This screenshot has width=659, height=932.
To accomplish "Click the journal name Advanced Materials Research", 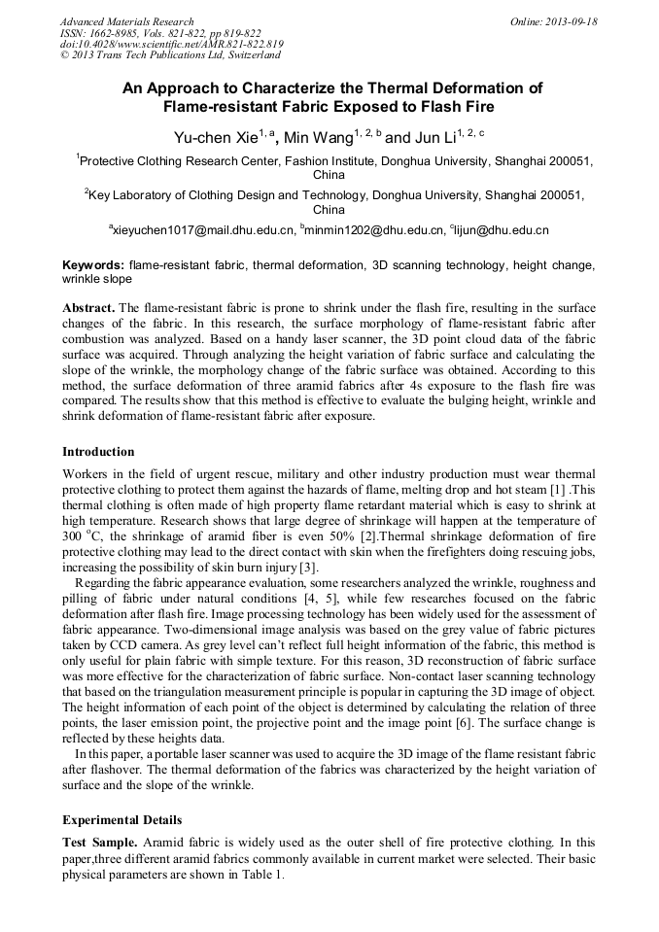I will [127, 21].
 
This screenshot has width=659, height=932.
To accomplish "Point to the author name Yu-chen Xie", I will [214, 137].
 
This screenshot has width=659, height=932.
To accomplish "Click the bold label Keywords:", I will [93, 264].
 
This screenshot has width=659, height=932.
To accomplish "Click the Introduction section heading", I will [98, 451].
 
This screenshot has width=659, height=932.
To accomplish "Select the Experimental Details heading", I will [121, 819].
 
